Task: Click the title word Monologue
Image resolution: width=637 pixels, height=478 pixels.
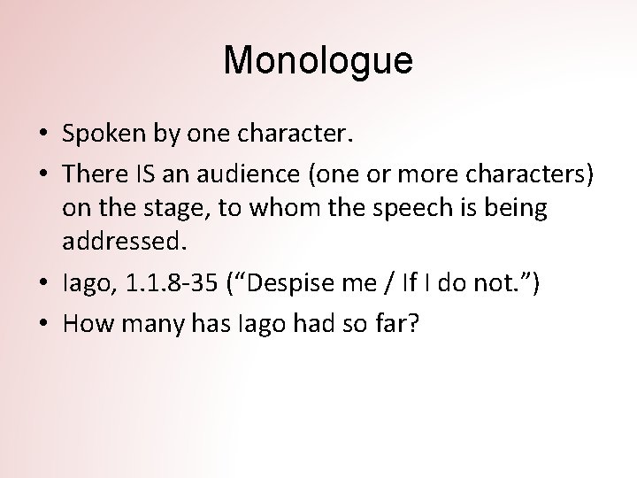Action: click(318, 62)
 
